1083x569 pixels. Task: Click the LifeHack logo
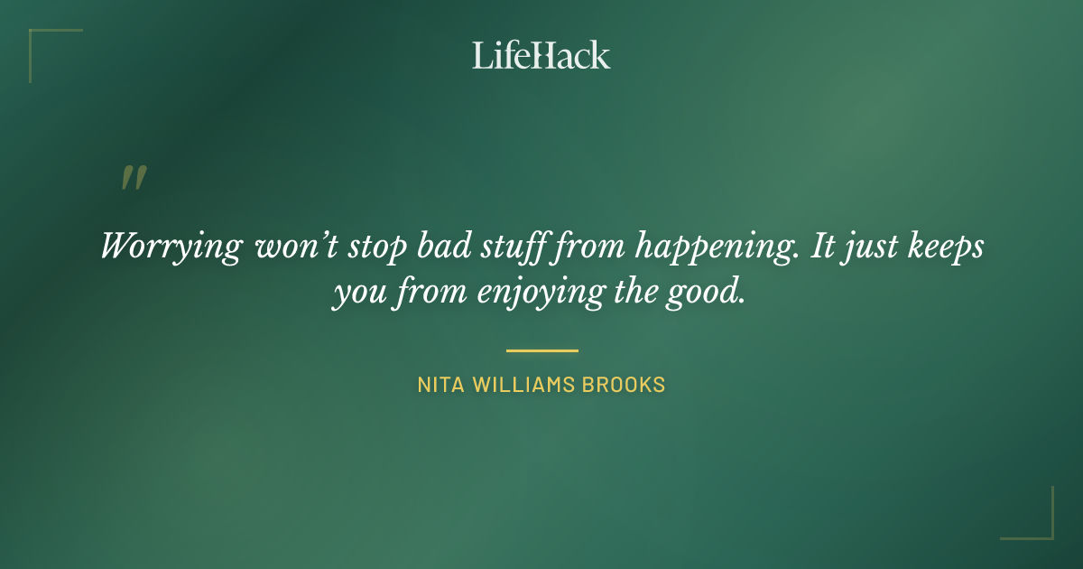pos(541,55)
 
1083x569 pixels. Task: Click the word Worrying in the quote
pos(171,247)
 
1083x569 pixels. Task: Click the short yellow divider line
pos(541,350)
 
